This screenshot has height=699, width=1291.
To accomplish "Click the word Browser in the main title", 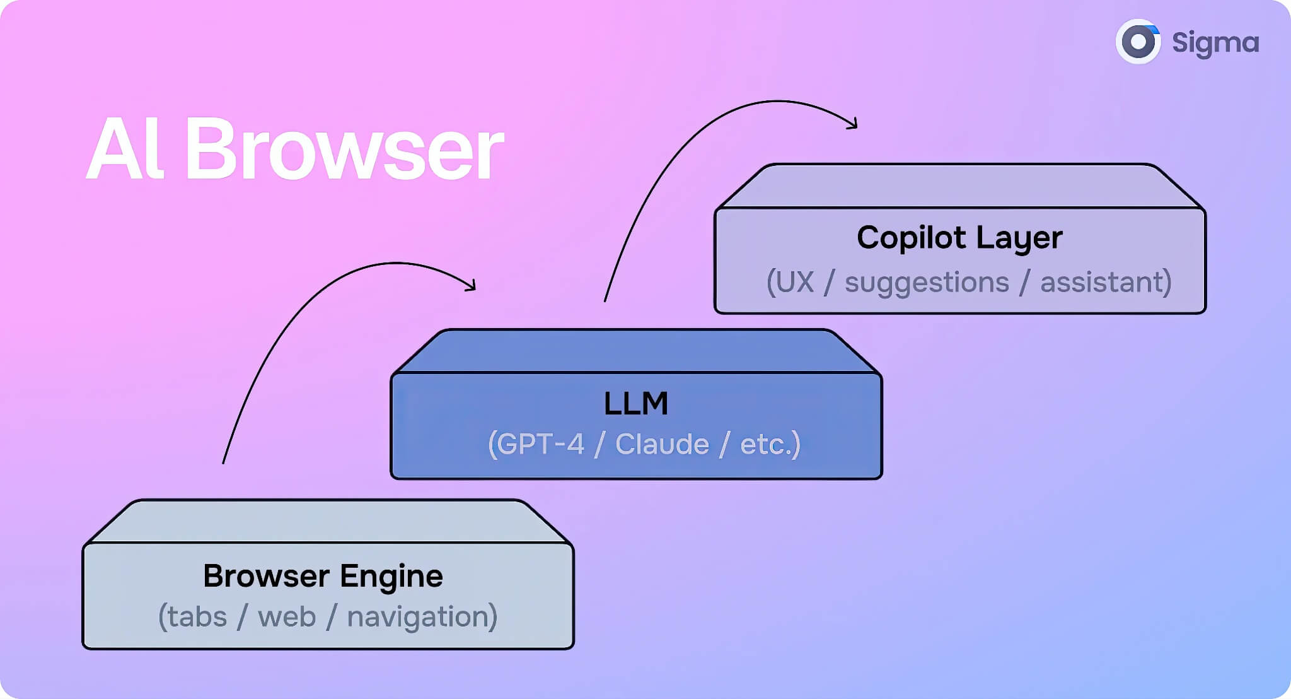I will [344, 150].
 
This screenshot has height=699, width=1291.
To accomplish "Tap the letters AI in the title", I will [125, 150].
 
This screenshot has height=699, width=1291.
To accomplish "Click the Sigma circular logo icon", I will [1138, 42].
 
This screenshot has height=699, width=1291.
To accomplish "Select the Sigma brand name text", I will [1215, 43].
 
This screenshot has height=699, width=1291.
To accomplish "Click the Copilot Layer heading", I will [959, 238].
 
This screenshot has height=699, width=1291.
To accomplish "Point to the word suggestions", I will [927, 282].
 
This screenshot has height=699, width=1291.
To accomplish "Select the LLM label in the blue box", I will [635, 403].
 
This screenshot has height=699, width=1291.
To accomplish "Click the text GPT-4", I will [540, 444].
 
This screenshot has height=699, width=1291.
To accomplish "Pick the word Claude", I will [662, 444].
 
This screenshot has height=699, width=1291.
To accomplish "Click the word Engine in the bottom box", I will [391, 577].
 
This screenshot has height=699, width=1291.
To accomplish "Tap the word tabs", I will [197, 616].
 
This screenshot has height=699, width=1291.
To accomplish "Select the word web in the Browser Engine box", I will [287, 616].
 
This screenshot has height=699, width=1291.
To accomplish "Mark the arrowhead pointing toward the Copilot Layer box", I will [853, 124].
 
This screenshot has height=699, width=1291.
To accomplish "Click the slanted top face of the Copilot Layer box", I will [959, 186].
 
